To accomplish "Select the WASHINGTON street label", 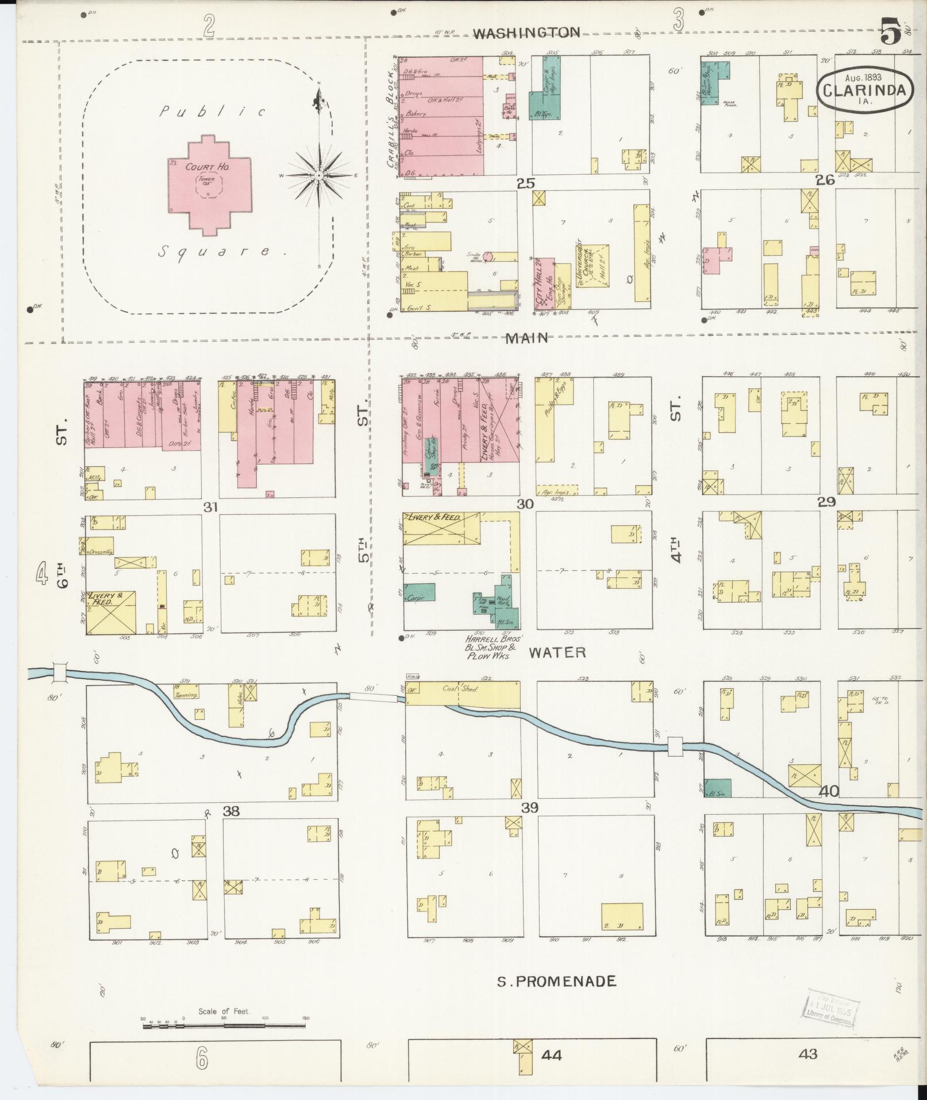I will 526,33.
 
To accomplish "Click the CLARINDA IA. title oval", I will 865,90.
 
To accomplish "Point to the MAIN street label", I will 526,338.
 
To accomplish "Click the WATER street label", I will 557,651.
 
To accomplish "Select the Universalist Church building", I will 592,265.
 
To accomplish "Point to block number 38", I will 231,811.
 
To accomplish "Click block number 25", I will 525,183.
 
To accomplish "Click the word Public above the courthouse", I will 212,112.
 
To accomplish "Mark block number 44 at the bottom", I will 551,1055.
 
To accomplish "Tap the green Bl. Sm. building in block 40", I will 717,788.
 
